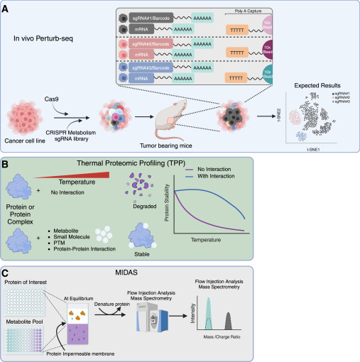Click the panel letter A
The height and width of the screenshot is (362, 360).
pos(6,6)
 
